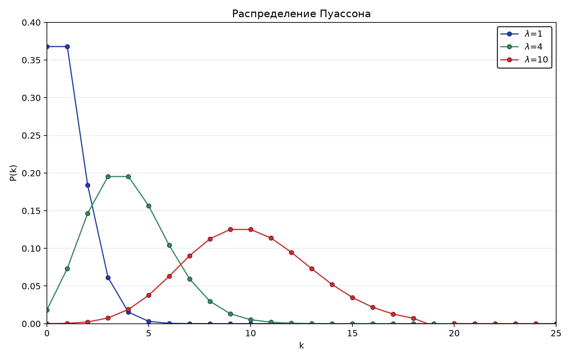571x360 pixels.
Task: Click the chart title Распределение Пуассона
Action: point(301,14)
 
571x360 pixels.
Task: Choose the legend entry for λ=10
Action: point(524,60)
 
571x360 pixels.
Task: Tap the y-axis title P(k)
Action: point(13,173)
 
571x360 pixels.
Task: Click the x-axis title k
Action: point(302,346)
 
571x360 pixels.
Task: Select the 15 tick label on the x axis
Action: point(352,333)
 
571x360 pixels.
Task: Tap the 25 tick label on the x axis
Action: point(556,333)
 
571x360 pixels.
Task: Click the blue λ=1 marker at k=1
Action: point(67,47)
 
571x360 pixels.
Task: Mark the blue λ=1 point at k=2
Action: point(88,186)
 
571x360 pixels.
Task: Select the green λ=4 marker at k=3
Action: point(108,177)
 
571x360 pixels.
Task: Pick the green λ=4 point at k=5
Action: point(149,206)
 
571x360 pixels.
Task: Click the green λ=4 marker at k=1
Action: point(67,269)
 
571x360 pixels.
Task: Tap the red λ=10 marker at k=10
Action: point(251,229)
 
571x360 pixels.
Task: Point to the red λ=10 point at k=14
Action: point(332,284)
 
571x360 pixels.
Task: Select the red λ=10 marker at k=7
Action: point(190,256)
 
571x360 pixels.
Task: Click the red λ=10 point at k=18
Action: point(413,318)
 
